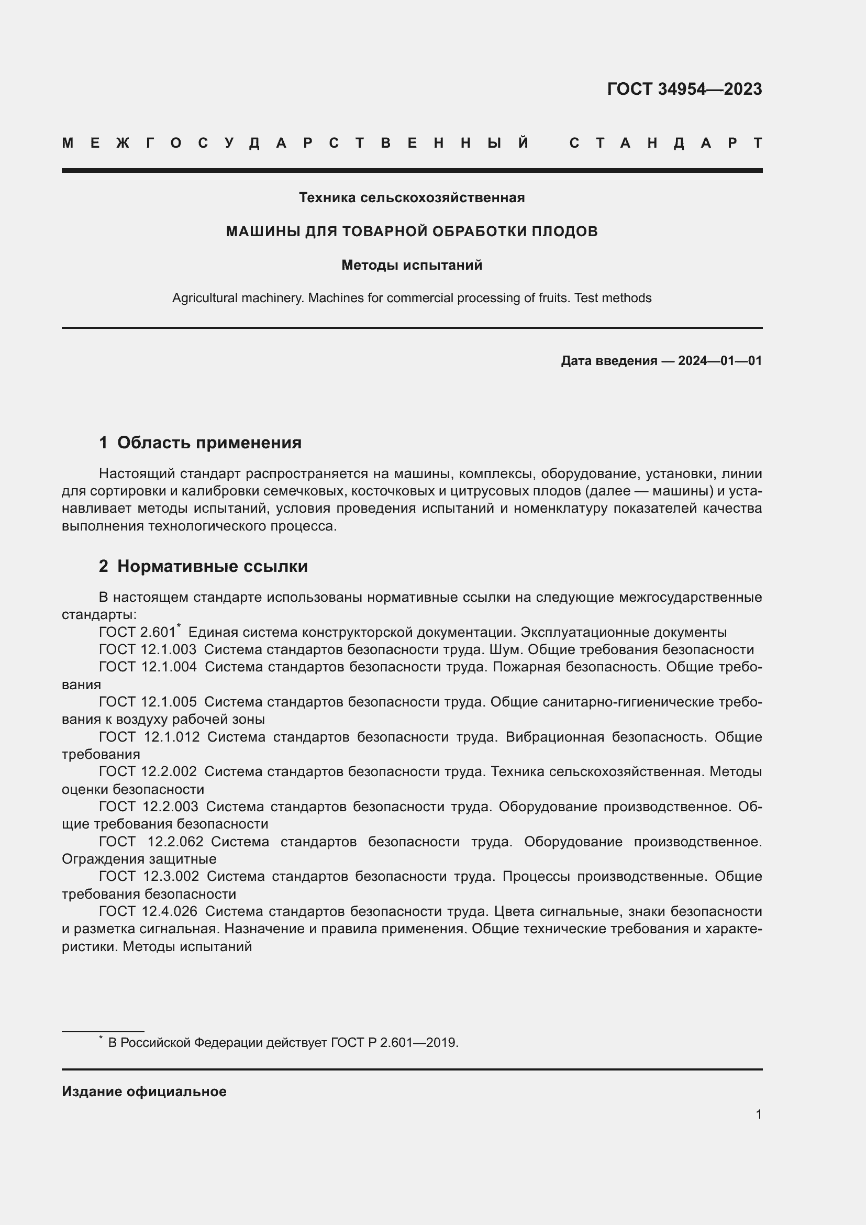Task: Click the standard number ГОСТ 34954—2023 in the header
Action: (x=684, y=89)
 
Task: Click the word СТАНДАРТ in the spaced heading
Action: (x=665, y=143)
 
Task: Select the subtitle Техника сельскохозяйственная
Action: (x=412, y=197)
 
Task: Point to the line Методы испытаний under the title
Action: (x=412, y=265)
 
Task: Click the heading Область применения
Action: (x=209, y=443)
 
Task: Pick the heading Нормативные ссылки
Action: (x=212, y=566)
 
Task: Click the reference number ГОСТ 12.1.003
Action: (x=148, y=650)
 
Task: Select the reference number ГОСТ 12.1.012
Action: (x=149, y=737)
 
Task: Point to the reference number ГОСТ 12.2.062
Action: (x=151, y=842)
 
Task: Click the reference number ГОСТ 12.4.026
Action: (x=148, y=911)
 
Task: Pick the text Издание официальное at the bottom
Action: (x=144, y=1091)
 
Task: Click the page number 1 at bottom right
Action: (x=758, y=1114)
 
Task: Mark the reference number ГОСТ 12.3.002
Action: (x=149, y=876)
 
